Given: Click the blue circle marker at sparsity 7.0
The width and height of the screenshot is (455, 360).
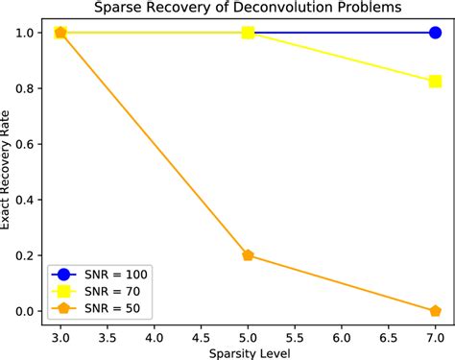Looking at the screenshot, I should [435, 33].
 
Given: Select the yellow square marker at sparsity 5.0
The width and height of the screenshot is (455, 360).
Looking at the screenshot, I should [248, 33].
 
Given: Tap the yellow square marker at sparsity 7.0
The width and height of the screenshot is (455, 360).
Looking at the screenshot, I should [435, 82].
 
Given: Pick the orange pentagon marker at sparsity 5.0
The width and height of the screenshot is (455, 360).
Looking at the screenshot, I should [248, 255].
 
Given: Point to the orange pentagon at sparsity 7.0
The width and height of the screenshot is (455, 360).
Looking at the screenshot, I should [435, 311].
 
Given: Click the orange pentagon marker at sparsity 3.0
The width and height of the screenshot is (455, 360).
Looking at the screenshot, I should [60, 33].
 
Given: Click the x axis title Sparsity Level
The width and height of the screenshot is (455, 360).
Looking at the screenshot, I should [248, 352].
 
